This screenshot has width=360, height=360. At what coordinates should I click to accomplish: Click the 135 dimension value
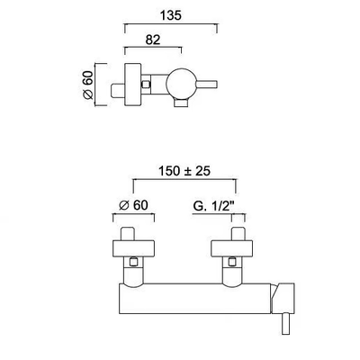170,15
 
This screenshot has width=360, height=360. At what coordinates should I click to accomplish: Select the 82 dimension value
153,40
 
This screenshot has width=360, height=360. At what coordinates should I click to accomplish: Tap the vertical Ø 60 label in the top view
87,85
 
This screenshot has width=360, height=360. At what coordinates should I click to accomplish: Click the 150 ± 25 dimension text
184,171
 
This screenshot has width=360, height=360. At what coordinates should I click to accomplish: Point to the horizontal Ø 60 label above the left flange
133,205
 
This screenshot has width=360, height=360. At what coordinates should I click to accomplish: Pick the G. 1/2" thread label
213,206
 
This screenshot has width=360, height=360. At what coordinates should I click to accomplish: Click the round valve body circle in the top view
181,85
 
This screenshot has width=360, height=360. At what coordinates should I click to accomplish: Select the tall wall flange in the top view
132,85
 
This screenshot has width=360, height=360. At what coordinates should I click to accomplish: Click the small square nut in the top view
146,85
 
